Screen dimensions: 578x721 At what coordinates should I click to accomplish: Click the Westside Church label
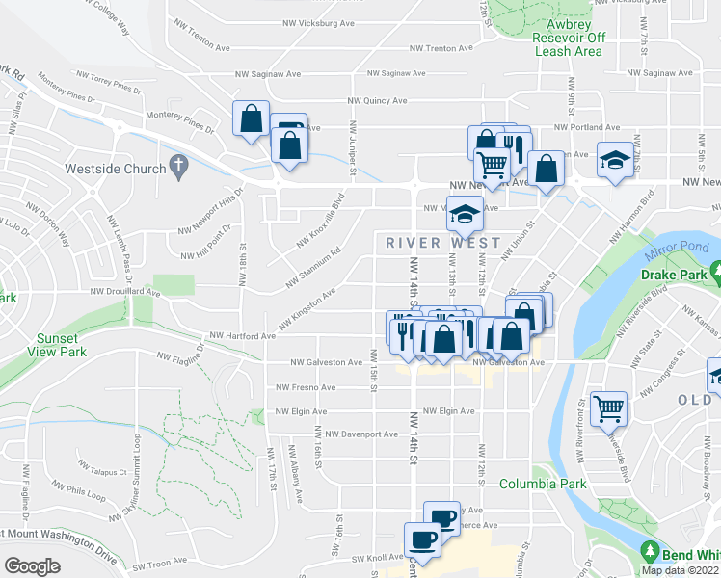tap(115, 169)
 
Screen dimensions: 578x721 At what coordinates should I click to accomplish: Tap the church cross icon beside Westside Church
tap(177, 167)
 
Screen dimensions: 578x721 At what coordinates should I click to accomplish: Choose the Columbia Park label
tap(543, 484)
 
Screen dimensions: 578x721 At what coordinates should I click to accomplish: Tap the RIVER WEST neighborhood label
tap(443, 243)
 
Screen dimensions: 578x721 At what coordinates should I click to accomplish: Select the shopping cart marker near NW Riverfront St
tap(609, 407)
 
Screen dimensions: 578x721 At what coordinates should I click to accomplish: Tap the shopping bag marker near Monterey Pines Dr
tap(251, 119)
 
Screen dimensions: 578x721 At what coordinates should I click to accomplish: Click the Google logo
tap(31, 565)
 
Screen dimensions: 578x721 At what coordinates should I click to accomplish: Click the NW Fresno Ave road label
tap(306, 387)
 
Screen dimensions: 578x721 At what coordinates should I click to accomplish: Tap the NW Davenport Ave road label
tap(361, 434)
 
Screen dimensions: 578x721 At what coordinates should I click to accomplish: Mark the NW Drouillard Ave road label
tap(124, 290)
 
